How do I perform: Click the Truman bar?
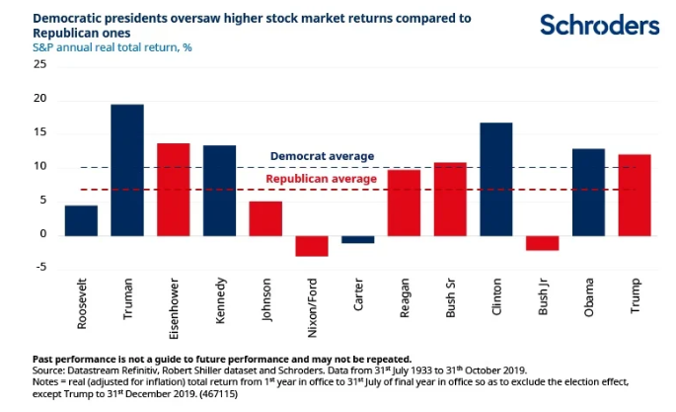tap(127, 170)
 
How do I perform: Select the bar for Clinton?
tap(496, 179)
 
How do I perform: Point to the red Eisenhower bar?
tap(174, 189)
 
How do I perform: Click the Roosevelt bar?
tap(81, 220)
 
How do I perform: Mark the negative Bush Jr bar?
tap(542, 243)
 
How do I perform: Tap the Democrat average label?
tap(322, 156)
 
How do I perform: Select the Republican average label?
tap(322, 179)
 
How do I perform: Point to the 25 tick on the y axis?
tap(39, 64)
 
